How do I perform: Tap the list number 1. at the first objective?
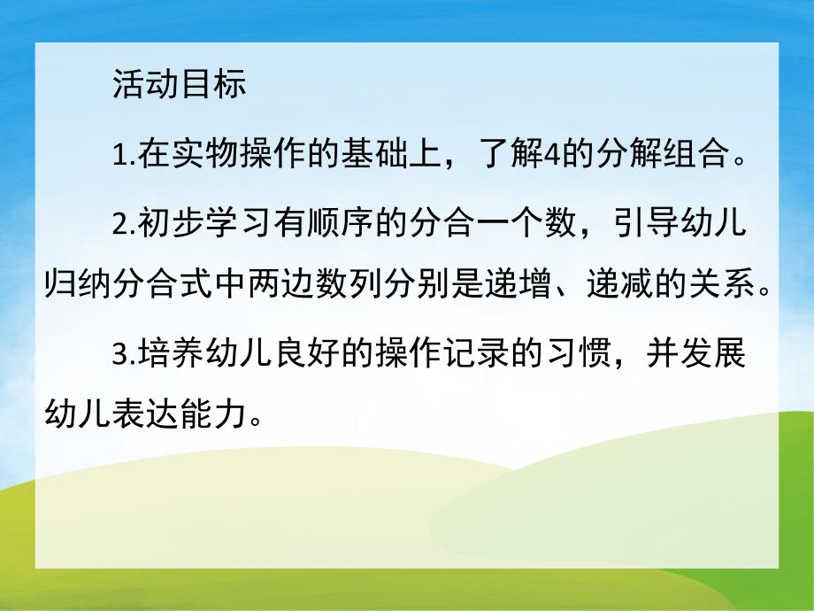click(x=125, y=159)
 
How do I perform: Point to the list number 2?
click(x=125, y=228)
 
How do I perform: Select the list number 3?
click(x=125, y=359)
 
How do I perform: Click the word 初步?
click(x=165, y=228)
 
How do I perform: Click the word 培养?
click(x=165, y=359)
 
